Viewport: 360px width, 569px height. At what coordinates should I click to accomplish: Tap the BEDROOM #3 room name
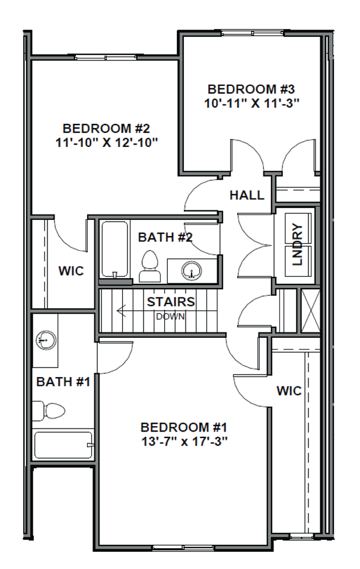[x=251, y=89]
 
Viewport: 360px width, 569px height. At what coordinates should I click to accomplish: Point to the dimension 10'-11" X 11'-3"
[x=251, y=103]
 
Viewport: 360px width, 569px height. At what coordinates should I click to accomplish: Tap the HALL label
[x=247, y=195]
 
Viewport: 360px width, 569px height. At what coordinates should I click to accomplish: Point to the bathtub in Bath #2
[x=114, y=250]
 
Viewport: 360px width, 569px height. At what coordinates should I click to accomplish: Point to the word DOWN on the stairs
[x=171, y=316]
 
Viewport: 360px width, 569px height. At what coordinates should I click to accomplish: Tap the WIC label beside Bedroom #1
[x=289, y=391]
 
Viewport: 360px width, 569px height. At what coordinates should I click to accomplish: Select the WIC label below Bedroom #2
[x=71, y=271]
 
